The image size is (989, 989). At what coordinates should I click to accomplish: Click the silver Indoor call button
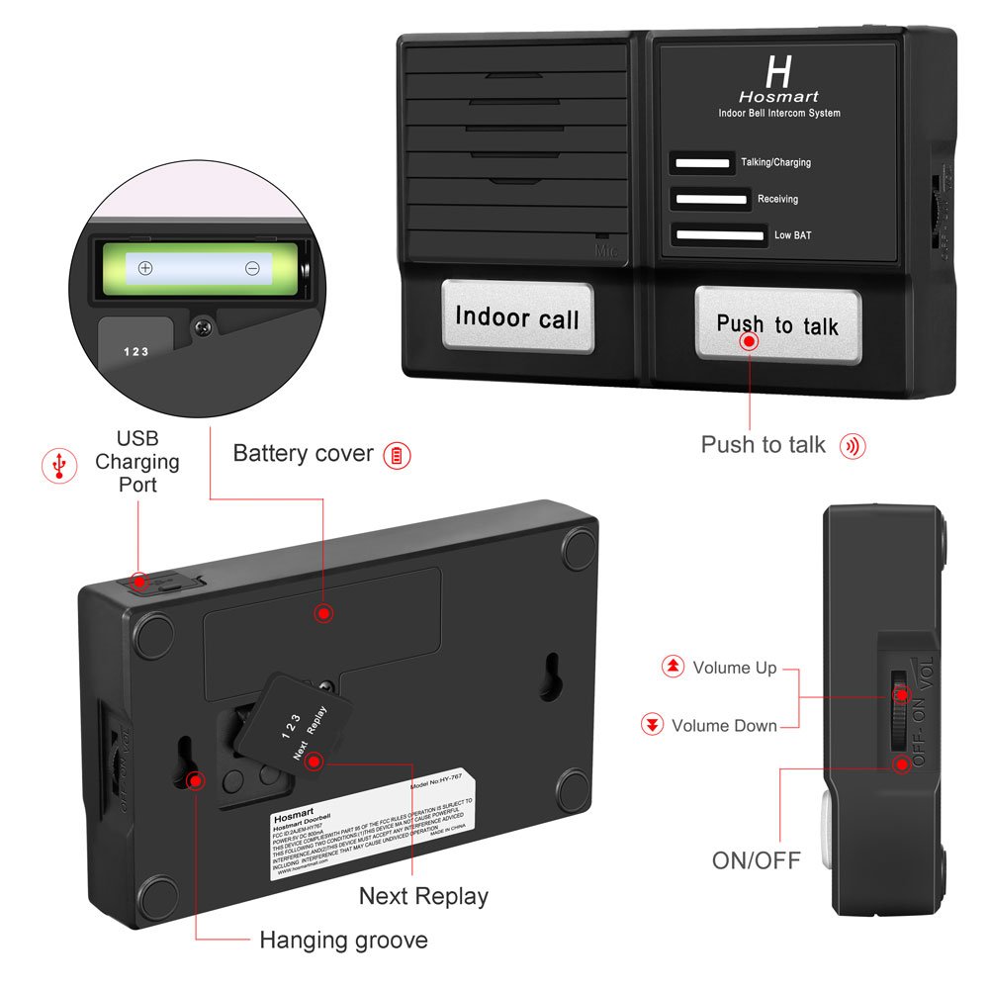517,317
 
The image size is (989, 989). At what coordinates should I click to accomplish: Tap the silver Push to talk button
777,324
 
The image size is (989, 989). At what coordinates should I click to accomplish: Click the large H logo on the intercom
778,71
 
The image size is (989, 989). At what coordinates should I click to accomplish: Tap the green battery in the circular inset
199,268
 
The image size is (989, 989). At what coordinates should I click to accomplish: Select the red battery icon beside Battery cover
397,455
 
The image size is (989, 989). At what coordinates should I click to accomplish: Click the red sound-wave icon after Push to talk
853,446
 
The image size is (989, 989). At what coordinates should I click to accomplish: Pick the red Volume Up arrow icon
673,668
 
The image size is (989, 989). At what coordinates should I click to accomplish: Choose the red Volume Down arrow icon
652,726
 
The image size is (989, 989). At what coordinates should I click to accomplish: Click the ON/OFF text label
757,859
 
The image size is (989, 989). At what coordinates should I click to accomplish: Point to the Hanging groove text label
343,940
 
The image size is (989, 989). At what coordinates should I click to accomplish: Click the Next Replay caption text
423,896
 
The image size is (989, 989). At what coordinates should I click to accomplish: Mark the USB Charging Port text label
136,461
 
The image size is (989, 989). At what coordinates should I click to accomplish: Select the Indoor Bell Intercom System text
778,114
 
